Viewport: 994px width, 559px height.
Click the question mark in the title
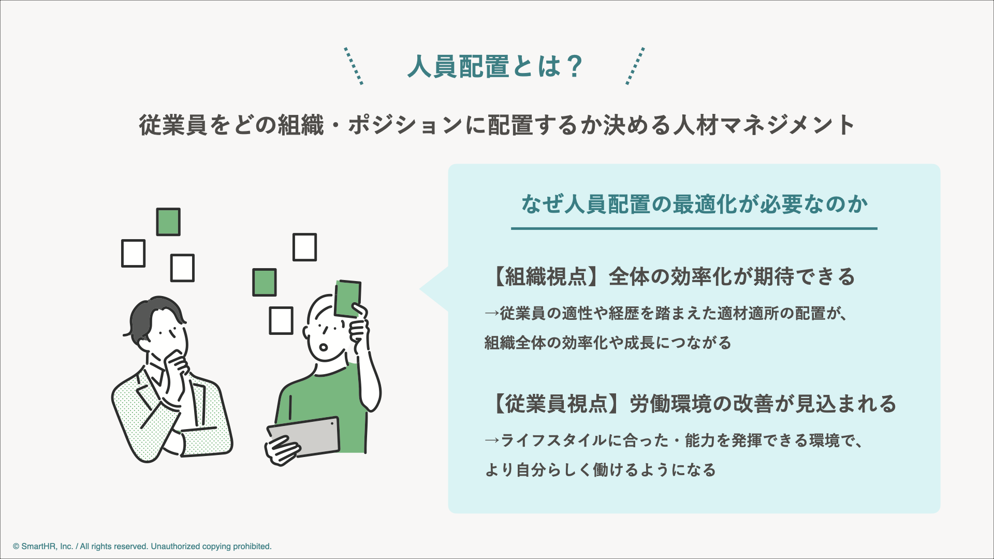pos(574,67)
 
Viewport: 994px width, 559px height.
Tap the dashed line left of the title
pos(354,66)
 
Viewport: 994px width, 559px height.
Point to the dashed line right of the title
pos(635,66)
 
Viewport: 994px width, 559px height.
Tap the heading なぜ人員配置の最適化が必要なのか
pos(694,204)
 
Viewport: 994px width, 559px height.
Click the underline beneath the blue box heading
pos(694,228)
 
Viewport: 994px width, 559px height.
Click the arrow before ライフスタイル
pos(492,441)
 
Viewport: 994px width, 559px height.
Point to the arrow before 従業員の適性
pos(492,314)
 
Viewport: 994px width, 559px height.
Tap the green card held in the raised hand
pos(347,299)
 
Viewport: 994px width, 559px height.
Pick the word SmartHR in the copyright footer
pos(39,547)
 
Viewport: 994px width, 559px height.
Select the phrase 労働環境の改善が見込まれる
pos(763,404)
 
